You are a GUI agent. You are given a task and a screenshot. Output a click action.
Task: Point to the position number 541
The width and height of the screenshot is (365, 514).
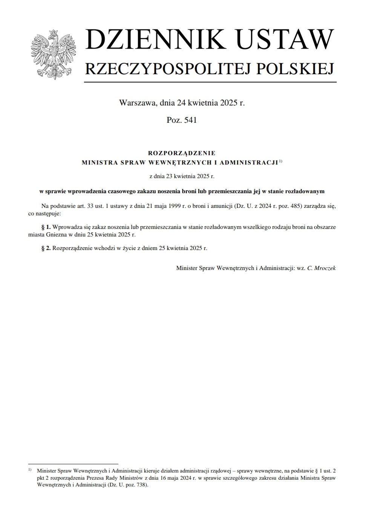(x=190, y=120)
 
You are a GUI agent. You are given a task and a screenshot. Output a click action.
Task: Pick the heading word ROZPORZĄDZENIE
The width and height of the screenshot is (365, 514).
(x=182, y=153)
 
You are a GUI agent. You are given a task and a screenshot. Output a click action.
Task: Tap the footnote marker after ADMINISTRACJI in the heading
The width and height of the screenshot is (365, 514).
(x=280, y=161)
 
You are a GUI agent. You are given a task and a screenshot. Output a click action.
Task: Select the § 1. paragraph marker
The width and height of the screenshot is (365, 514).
(x=46, y=227)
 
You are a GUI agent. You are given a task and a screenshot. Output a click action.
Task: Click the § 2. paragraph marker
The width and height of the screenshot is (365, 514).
(x=46, y=248)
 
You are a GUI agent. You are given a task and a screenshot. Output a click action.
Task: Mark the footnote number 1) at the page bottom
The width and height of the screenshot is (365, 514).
(x=30, y=470)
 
